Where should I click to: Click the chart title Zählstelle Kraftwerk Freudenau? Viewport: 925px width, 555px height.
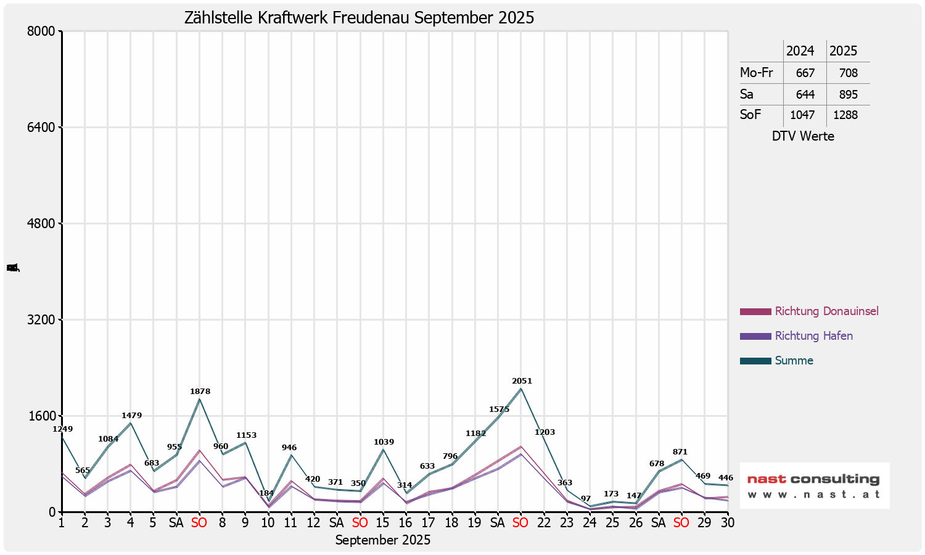pos(359,17)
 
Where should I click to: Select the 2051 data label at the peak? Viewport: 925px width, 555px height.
pos(522,381)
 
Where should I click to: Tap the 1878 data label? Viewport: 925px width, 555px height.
pos(200,392)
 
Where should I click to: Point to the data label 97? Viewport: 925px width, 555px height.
pos(586,499)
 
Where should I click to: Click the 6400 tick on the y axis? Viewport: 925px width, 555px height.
pos(43,128)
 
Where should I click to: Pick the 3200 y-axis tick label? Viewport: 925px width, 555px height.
pos(43,320)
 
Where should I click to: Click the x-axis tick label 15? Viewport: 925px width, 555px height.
pos(382,523)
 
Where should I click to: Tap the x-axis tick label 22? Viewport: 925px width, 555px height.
pos(543,523)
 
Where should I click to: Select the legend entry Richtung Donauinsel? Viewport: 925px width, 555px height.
pos(826,311)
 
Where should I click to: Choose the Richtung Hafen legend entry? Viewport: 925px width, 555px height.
pos(813,336)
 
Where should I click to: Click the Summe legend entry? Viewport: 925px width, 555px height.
pos(794,361)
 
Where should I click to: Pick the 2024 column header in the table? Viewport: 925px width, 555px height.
pos(800,51)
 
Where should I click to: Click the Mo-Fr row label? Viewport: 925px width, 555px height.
pos(756,73)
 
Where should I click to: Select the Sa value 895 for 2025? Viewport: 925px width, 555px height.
pos(848,94)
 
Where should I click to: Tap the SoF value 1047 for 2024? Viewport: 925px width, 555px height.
pos(802,115)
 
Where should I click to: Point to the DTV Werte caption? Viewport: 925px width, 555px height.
pos(803,136)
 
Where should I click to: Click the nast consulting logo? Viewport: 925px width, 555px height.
pos(814,485)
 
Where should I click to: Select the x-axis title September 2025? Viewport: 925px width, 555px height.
pos(382,540)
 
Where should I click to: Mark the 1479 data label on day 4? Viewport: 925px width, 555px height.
pos(131,416)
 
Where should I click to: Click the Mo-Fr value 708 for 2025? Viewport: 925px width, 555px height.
pos(848,73)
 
